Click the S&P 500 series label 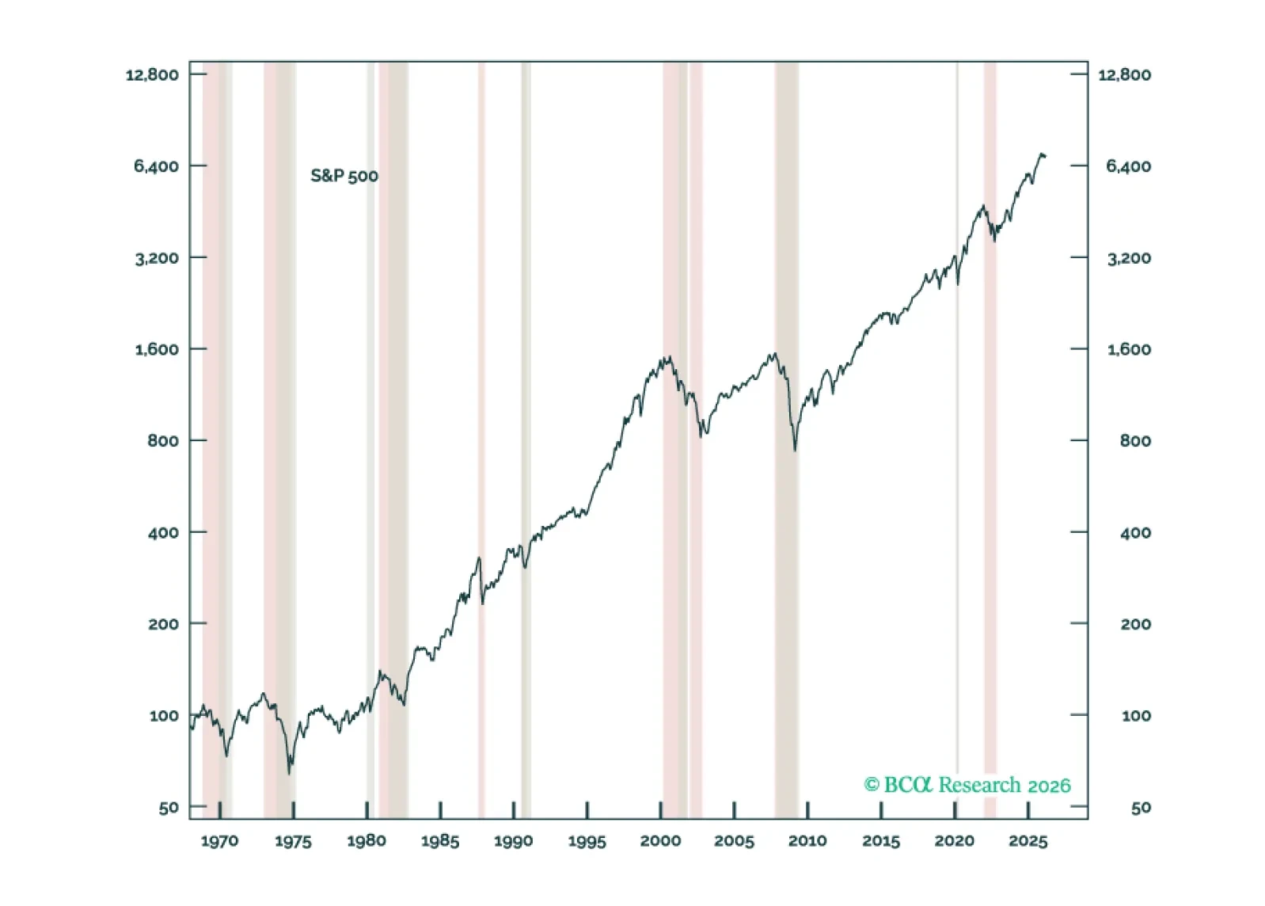(344, 176)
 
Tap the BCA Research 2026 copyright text (967, 785)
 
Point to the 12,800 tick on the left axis (152, 75)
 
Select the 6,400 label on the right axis (1128, 166)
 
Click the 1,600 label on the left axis (157, 349)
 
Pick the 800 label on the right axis (1135, 441)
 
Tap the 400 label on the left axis (163, 533)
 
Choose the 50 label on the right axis (1140, 808)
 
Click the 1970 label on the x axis (219, 841)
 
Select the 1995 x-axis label (587, 841)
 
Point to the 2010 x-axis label (807, 841)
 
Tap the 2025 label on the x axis (1028, 841)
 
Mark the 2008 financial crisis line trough (795, 450)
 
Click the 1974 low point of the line (290, 772)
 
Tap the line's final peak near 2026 (1042, 154)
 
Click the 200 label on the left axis (163, 624)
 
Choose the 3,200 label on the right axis (1128, 258)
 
